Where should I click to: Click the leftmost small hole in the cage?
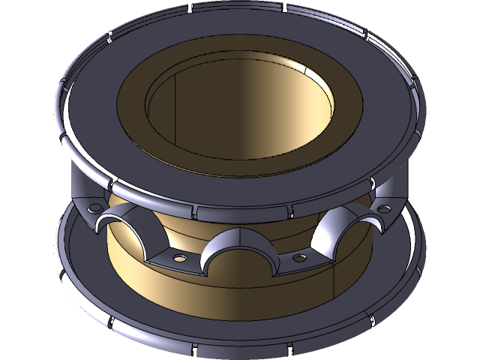pos(95,208)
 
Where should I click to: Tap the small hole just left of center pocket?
pos(179,257)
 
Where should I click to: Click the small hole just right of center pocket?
pos(299,259)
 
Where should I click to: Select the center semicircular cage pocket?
pos(238,251)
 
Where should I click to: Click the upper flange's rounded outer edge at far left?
pos(58,105)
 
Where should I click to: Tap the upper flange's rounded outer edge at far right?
pos(422,105)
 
